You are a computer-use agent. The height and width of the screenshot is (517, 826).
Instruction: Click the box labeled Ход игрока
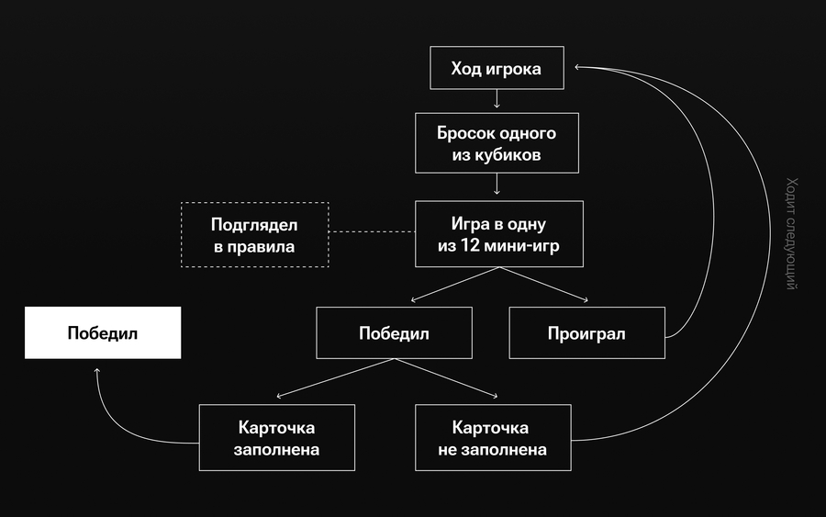[x=497, y=69]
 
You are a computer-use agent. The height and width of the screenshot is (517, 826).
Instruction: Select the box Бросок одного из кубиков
[x=497, y=143]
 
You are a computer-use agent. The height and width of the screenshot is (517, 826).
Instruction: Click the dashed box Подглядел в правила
[x=255, y=234]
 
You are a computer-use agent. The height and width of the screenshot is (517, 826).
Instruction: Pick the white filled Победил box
[x=102, y=332]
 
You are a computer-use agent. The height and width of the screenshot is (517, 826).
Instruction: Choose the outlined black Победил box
[x=394, y=332]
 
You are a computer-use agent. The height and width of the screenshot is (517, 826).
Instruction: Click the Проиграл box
[x=586, y=332]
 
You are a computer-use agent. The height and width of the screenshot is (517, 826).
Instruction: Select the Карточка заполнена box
[x=277, y=438]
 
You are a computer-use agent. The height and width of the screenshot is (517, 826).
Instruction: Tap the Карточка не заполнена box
[x=493, y=438]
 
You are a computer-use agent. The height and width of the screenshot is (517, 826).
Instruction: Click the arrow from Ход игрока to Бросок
[x=497, y=100]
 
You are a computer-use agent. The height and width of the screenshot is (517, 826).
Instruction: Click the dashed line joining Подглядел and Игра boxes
[x=372, y=232]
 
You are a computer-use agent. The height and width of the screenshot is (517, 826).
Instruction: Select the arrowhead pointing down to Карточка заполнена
[x=279, y=396]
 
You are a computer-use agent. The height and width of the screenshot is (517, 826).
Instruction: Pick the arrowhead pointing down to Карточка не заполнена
[x=495, y=396]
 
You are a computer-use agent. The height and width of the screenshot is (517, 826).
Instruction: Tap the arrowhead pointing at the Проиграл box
[x=584, y=299]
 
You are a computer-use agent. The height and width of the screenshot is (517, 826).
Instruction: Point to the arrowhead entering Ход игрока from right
[x=577, y=67]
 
